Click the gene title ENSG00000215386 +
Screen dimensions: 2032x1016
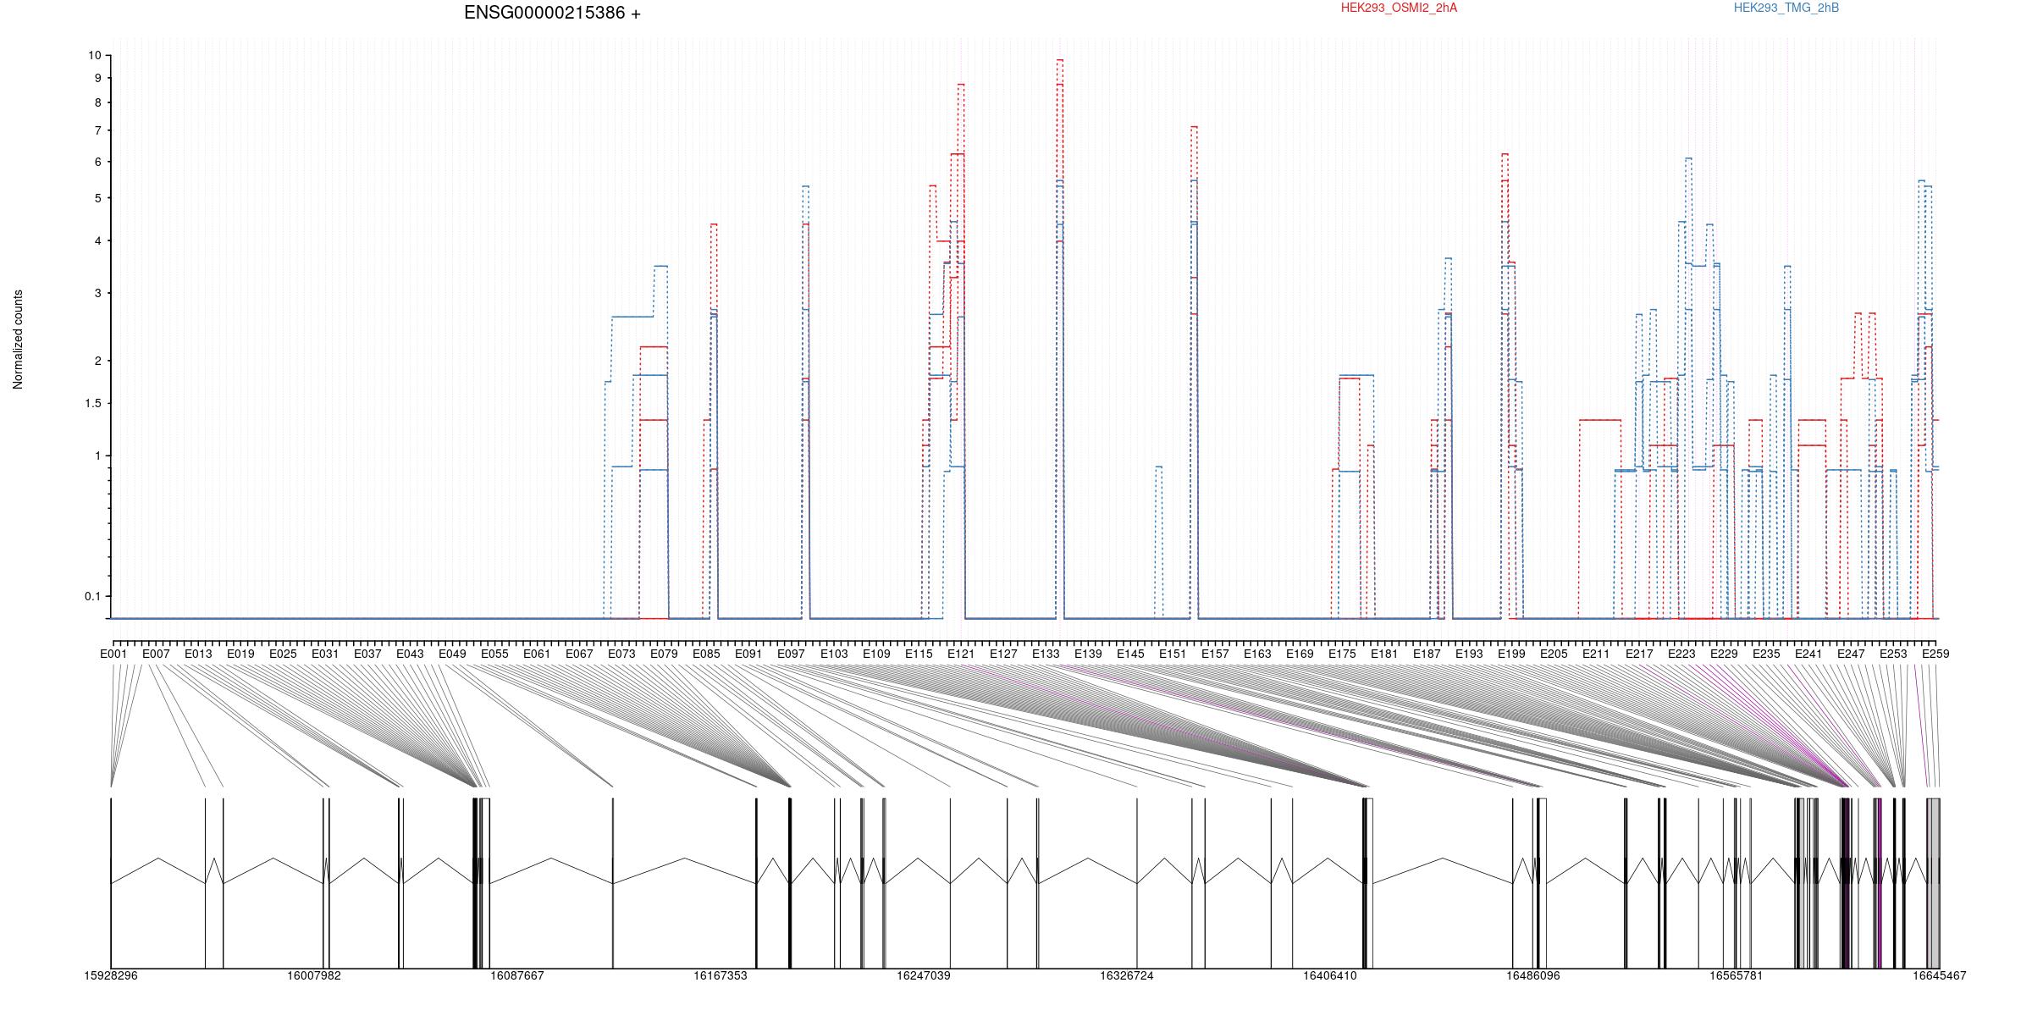point(552,14)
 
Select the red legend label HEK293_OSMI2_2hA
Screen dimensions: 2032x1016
point(1399,8)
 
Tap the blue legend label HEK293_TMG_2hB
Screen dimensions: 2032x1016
point(1786,8)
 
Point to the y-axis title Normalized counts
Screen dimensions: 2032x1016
point(18,340)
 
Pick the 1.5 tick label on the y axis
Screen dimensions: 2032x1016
point(92,403)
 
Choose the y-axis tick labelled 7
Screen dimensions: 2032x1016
point(97,130)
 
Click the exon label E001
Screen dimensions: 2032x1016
point(113,654)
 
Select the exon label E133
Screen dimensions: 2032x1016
point(1046,654)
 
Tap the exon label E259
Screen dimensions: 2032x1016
point(1935,654)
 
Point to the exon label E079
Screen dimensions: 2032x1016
point(664,654)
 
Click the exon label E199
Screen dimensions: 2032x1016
point(1511,654)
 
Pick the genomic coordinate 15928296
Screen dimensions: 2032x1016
point(111,976)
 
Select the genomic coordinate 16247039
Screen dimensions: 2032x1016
point(924,976)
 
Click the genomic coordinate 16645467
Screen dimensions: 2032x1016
point(1940,976)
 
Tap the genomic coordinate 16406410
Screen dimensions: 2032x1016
point(1330,976)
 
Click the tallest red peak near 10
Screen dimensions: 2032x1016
point(1060,60)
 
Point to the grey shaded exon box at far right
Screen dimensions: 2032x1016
point(1933,883)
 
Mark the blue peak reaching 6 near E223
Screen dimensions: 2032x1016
point(1688,158)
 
